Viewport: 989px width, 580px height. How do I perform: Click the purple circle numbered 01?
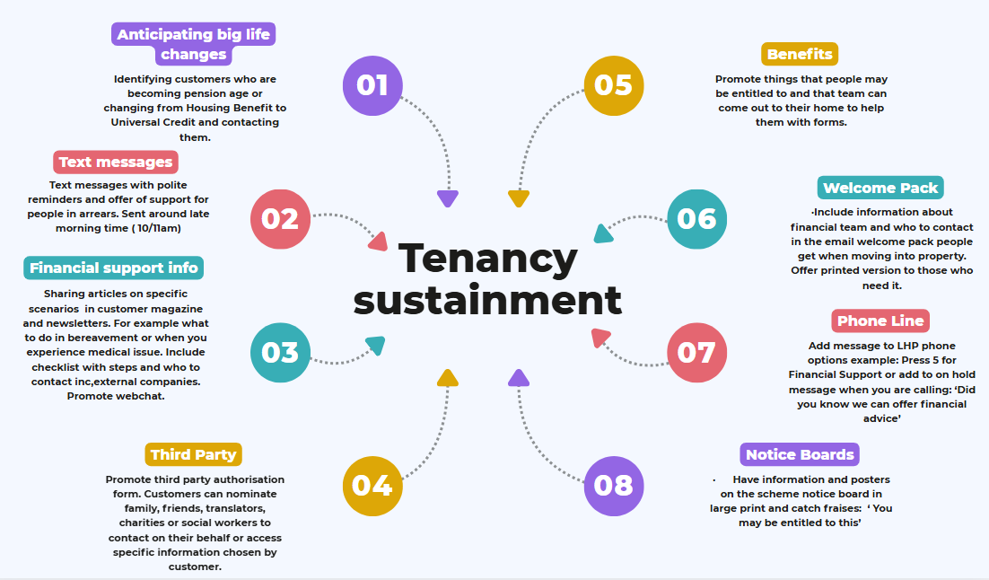point(372,85)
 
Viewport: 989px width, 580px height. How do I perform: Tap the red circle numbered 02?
point(280,219)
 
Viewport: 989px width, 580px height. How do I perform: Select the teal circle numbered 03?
point(280,352)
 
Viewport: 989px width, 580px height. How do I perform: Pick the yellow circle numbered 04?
point(372,486)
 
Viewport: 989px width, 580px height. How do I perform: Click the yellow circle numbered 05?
point(614,85)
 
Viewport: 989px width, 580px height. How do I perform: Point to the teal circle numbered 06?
point(697,219)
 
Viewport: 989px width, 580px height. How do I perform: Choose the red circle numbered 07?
point(697,352)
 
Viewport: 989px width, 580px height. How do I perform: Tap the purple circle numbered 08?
point(614,486)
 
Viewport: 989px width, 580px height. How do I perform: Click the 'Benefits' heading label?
point(800,54)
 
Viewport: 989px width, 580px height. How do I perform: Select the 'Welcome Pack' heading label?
point(880,188)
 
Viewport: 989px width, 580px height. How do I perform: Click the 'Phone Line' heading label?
point(880,321)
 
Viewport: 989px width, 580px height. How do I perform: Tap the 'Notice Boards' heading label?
point(800,454)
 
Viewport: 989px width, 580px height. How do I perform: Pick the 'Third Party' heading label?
point(193,454)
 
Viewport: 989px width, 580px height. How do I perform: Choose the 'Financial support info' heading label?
point(113,268)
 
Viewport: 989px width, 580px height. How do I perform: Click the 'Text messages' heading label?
point(115,163)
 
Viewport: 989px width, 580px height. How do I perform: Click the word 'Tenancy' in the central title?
point(488,258)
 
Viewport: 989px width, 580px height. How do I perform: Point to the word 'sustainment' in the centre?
point(488,299)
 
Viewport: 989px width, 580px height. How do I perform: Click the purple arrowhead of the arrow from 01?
point(448,198)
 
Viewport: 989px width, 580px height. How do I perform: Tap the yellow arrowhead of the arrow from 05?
point(518,198)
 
